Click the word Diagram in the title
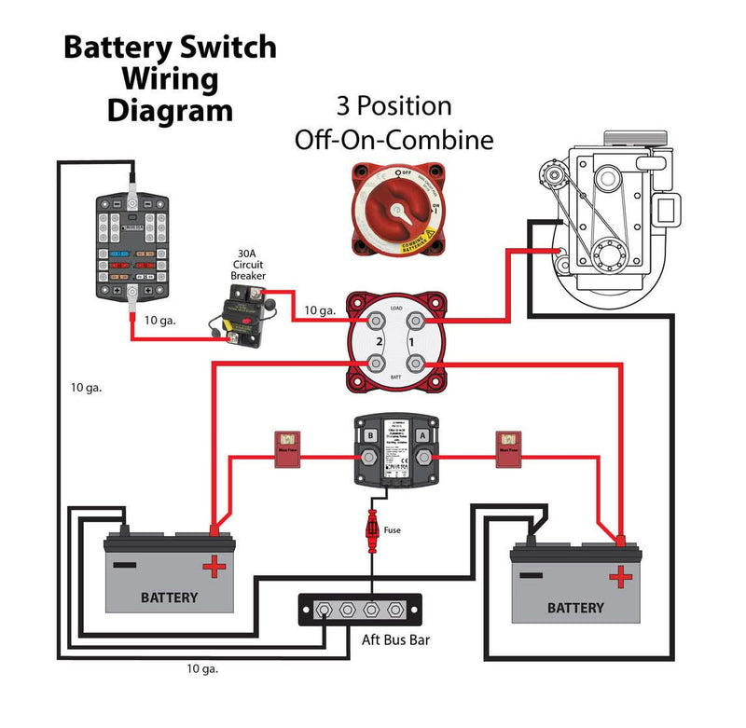coord(170,110)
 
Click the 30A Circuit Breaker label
coord(249,264)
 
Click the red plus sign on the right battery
coord(619,577)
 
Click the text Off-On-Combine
coord(394,141)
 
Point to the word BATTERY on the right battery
coord(575,608)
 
